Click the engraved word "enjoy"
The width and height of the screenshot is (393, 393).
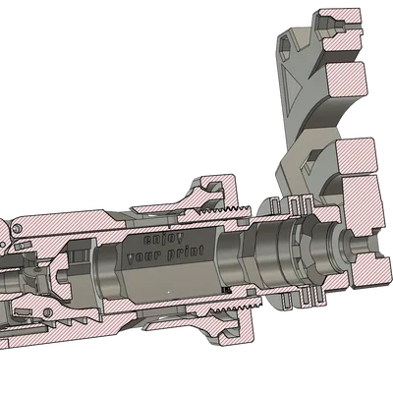click(163, 239)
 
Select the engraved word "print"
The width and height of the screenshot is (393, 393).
click(185, 253)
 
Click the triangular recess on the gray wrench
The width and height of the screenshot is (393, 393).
click(292, 85)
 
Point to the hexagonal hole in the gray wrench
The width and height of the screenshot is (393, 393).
click(284, 47)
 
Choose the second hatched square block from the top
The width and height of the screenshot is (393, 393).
click(346, 80)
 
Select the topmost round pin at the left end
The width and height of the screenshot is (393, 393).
click(18, 227)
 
